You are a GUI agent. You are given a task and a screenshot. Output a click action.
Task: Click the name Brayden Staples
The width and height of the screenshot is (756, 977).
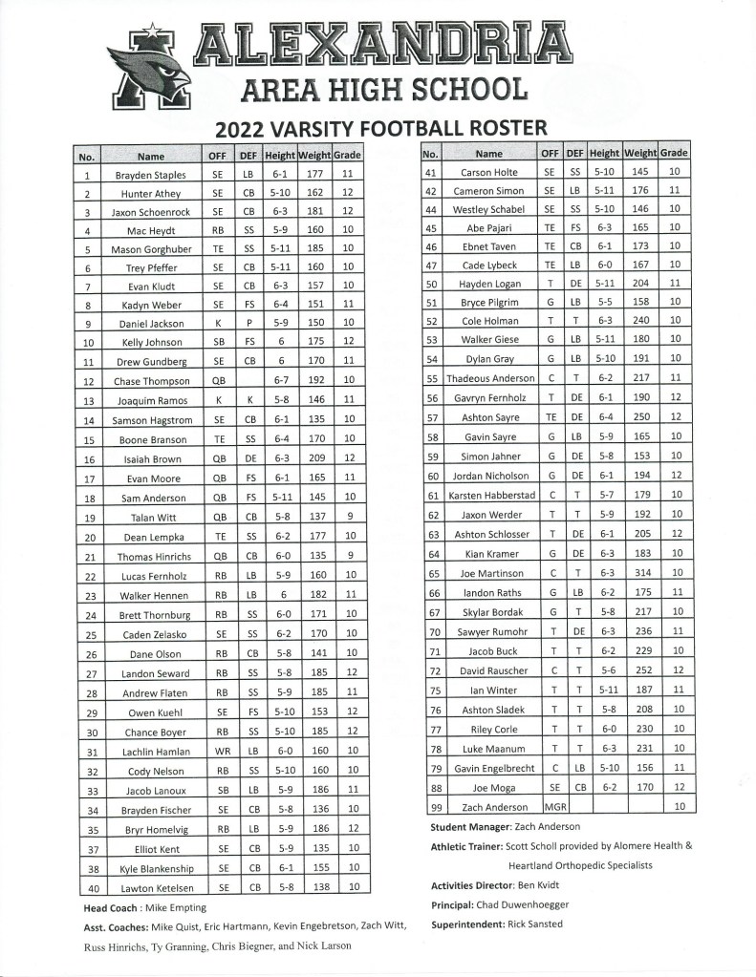150,176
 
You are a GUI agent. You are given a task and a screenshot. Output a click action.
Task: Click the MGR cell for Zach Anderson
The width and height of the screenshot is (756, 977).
550,807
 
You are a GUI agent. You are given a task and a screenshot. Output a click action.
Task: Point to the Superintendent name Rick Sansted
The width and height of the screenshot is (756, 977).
536,924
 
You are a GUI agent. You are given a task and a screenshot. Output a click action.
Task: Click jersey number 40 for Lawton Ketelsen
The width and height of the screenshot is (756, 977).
87,887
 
